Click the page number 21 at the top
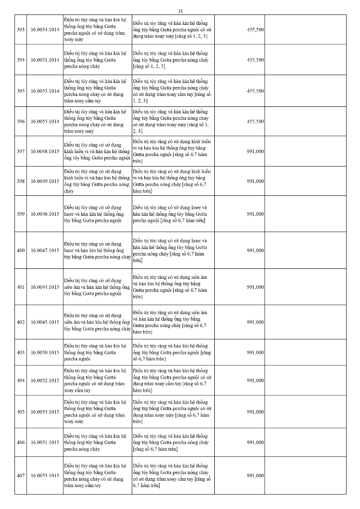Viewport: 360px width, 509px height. pos(180,10)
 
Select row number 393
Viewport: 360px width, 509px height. pos(21,30)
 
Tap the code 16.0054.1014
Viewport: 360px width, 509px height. pos(45,30)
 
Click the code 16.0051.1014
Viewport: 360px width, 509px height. pos(45,60)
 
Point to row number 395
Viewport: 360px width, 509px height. pos(21,91)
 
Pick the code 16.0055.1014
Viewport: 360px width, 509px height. pos(45,121)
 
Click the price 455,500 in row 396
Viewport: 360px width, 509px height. pos(255,121)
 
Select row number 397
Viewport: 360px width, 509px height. pos(21,151)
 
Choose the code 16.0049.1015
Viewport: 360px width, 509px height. pos(45,181)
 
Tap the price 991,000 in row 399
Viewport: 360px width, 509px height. pos(255,214)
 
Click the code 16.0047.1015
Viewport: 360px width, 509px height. pos(45,251)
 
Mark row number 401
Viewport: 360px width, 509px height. pos(21,287)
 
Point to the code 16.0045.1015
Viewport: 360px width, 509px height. pos(45,322)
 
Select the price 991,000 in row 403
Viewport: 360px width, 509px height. pos(255,352)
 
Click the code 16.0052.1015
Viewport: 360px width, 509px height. pos(45,381)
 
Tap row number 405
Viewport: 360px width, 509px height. pos(21,412)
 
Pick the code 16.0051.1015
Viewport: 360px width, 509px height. pos(45,442)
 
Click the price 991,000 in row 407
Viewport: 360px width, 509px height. pos(255,476)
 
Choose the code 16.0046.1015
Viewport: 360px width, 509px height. pos(45,214)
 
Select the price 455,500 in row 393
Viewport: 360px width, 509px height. pos(255,30)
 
